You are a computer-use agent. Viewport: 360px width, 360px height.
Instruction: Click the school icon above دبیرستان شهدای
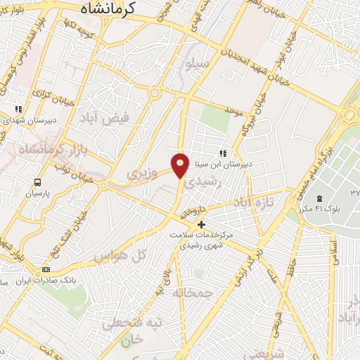click(x=19, y=109)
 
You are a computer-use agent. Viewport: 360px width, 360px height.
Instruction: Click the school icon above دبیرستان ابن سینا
click(x=224, y=153)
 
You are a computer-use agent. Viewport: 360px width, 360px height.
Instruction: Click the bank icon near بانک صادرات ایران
click(x=47, y=269)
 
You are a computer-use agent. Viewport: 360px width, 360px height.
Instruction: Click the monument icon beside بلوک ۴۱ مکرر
click(x=320, y=198)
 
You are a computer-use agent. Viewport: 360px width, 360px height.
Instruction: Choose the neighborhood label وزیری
click(x=139, y=172)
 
